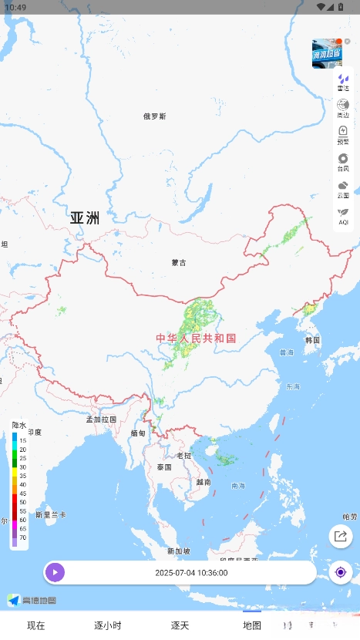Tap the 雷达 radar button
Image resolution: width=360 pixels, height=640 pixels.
(x=343, y=83)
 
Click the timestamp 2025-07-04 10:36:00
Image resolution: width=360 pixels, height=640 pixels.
(x=191, y=573)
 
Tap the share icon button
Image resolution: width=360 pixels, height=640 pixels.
(x=340, y=537)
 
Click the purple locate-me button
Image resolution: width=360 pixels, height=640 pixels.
(x=340, y=572)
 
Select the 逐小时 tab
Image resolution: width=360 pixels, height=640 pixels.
(x=108, y=625)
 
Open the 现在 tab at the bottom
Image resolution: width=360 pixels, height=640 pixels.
(x=36, y=625)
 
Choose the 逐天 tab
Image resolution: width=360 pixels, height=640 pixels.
(x=180, y=625)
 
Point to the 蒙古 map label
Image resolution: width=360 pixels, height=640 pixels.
(x=179, y=263)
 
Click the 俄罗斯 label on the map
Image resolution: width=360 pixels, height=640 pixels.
(x=155, y=116)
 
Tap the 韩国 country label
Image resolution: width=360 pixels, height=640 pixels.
(x=312, y=340)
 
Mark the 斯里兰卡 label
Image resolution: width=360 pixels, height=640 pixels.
(x=51, y=514)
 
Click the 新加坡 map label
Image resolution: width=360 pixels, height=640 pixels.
(x=178, y=551)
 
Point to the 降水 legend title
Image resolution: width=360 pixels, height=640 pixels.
(x=19, y=425)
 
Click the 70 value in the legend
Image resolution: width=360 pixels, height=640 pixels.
(x=22, y=537)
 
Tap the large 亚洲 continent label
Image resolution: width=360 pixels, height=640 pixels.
(x=85, y=217)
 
